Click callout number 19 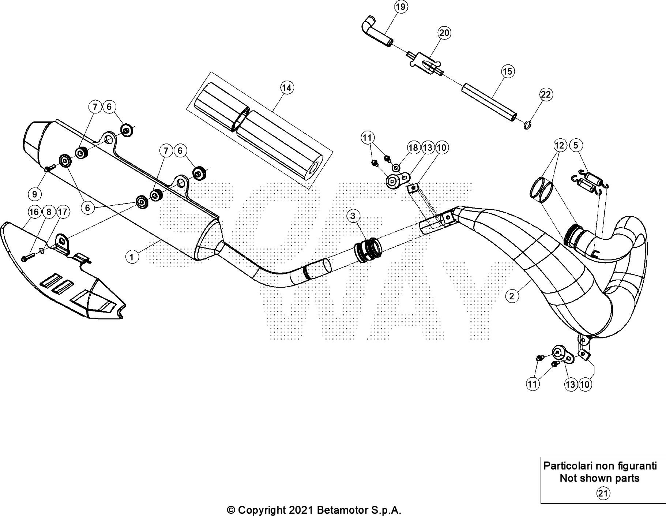(x=401, y=7)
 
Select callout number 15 (x=508, y=71)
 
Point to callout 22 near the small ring (x=545, y=95)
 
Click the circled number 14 (x=287, y=88)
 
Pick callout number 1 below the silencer (x=132, y=257)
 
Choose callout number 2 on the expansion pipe (x=512, y=296)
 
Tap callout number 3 (x=352, y=216)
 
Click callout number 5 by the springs (x=576, y=145)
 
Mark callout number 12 (x=559, y=145)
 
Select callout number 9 (x=35, y=194)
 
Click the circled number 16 (x=34, y=212)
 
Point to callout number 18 (x=413, y=147)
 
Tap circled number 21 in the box (x=603, y=494)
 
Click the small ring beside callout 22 (x=527, y=126)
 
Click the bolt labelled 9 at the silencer (x=49, y=169)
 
